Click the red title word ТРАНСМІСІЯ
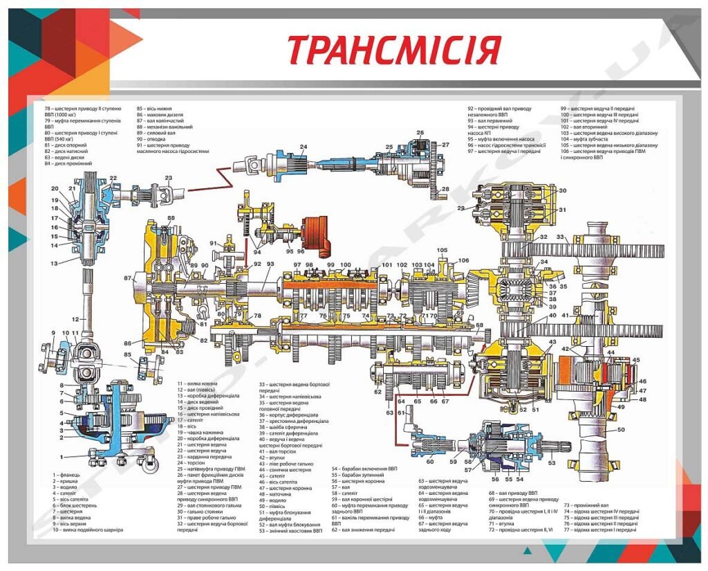click(x=393, y=49)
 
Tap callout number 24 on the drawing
click(x=303, y=147)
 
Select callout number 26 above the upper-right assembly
click(x=420, y=132)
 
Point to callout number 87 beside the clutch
click(x=127, y=278)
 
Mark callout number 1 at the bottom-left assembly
click(x=62, y=456)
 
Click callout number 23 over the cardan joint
click(x=169, y=178)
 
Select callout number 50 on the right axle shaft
click(x=621, y=430)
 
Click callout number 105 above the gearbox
click(x=442, y=250)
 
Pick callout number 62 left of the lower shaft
click(x=378, y=392)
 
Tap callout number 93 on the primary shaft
click(x=270, y=264)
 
